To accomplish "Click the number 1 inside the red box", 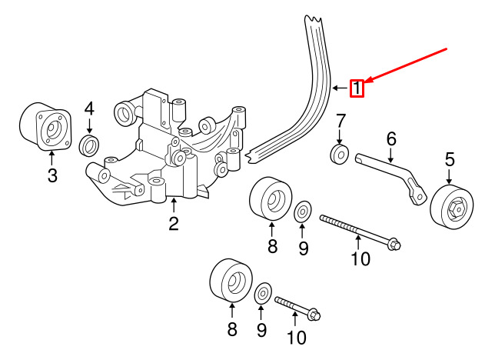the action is [x=357, y=88].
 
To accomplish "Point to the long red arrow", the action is [x=406, y=65].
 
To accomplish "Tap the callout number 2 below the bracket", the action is [x=174, y=224].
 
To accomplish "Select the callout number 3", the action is [x=52, y=175].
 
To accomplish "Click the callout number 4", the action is [x=89, y=109].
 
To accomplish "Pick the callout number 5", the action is [x=450, y=160].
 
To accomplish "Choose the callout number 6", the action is [x=391, y=139].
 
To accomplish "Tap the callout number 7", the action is [x=340, y=121].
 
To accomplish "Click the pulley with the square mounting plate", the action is [x=46, y=127].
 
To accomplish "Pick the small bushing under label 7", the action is [x=339, y=154].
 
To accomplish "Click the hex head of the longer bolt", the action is [x=394, y=244].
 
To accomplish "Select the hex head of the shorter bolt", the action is [x=314, y=314].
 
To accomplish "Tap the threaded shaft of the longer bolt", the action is [x=354, y=230].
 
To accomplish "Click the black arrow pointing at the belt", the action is [x=340, y=88].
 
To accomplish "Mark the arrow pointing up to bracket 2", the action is [x=174, y=205].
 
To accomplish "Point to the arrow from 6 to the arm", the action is [x=391, y=155].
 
